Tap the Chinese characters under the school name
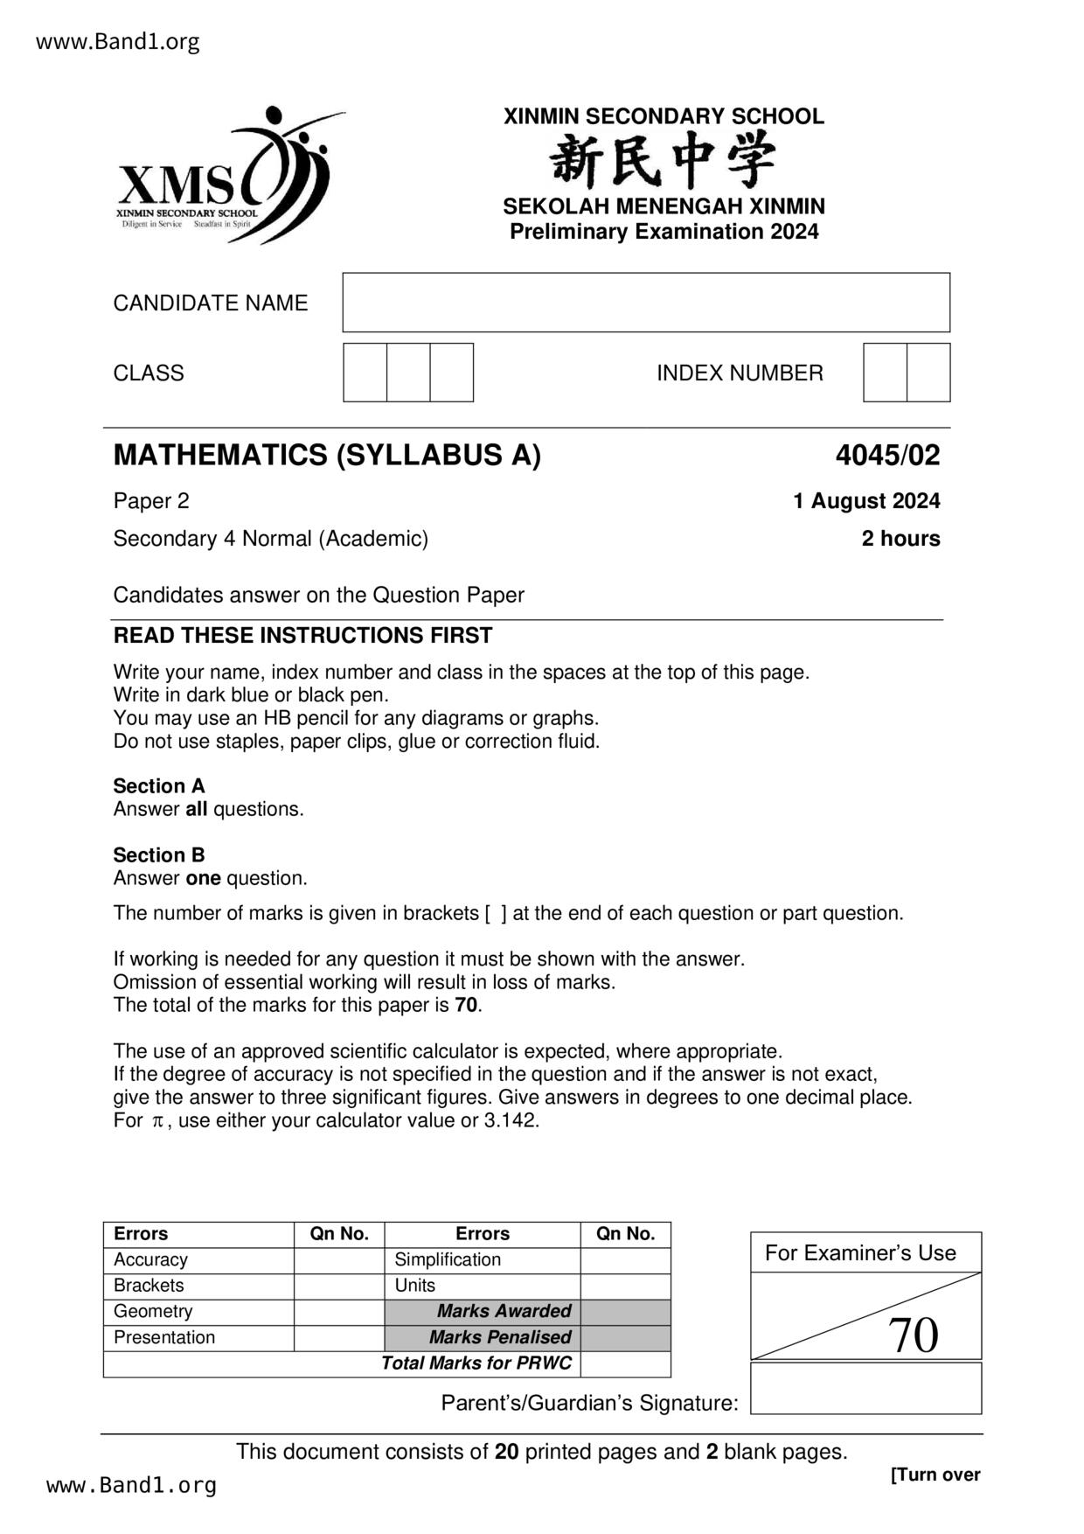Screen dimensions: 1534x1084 click(663, 161)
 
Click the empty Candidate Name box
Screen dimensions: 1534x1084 click(645, 303)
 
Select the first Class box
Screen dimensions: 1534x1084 click(365, 373)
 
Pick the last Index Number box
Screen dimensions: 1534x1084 click(928, 373)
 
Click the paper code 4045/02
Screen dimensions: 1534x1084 click(887, 456)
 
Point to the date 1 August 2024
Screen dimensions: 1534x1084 click(866, 501)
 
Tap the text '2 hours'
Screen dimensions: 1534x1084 click(900, 539)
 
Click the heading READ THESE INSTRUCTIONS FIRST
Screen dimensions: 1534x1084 click(302, 636)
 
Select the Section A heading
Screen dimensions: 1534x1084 click(159, 786)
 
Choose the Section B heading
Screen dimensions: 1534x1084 click(159, 855)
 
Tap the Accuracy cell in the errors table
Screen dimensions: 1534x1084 click(150, 1259)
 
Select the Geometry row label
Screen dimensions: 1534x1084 click(153, 1311)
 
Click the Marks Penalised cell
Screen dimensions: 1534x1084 click(499, 1337)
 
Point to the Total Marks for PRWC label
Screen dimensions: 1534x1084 click(476, 1363)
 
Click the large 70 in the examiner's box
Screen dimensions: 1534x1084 click(913, 1335)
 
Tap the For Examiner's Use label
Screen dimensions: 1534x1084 click(860, 1253)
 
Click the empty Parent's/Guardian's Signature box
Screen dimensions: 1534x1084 click(865, 1388)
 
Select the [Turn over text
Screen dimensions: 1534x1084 click(935, 1475)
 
